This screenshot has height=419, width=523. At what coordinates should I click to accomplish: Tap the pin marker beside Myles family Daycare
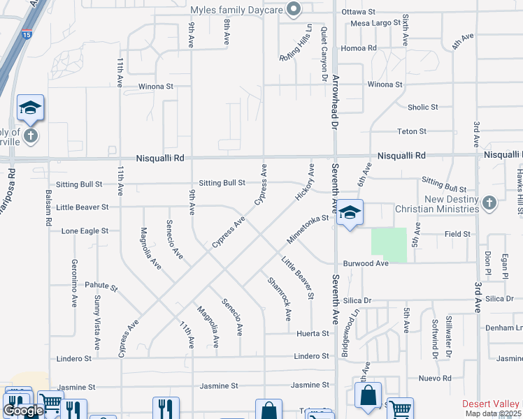(x=294, y=9)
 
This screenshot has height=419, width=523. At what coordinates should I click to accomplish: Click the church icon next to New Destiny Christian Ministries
(x=489, y=203)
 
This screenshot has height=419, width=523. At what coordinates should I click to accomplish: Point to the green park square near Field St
(x=389, y=245)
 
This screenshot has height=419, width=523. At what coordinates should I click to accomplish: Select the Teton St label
(x=412, y=131)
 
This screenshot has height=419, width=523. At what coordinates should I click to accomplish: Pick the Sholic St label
(x=423, y=108)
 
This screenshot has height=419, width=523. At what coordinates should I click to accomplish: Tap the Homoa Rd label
(x=359, y=48)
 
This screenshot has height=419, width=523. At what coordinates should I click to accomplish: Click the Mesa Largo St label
(x=373, y=23)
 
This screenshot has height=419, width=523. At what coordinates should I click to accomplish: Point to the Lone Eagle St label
(x=85, y=230)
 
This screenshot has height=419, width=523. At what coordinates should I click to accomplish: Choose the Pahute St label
(x=101, y=286)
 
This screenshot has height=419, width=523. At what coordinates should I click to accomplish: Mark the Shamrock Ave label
(x=278, y=299)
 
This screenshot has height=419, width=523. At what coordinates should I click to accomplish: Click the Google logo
(x=23, y=411)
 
